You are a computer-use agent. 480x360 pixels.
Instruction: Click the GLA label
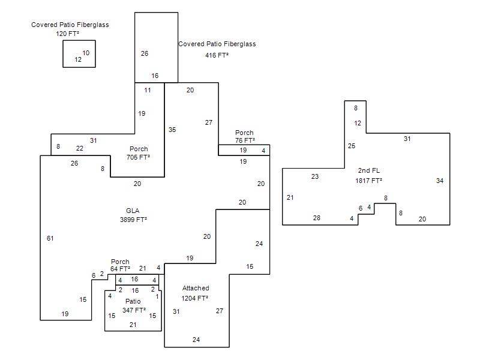point(133,211)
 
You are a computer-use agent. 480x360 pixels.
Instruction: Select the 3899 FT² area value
point(133,220)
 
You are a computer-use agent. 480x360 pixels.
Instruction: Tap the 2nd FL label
point(369,170)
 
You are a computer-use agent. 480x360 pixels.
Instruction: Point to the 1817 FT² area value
point(368,181)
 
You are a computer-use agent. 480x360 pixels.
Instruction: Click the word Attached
point(196,288)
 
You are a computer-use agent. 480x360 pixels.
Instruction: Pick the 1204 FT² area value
point(194,298)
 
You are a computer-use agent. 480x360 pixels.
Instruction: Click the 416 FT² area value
point(217,55)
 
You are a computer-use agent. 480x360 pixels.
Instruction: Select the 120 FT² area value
point(67,34)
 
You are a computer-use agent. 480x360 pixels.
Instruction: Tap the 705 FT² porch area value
point(138,157)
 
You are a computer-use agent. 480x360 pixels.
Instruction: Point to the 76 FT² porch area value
point(245,140)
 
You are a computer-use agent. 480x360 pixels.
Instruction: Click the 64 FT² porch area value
point(120,269)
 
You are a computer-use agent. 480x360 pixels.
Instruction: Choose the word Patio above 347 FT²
point(133,301)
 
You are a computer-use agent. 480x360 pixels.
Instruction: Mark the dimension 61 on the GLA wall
point(50,238)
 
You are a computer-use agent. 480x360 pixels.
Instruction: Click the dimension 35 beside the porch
point(172,130)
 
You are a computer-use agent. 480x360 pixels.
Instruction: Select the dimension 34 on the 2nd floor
point(440,181)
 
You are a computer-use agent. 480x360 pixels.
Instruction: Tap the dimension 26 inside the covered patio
point(145,53)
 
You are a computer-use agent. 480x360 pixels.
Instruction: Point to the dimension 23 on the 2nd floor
point(315,176)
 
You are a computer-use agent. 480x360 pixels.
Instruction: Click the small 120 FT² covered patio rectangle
point(79,41)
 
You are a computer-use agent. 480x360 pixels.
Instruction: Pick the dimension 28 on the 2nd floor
point(317,218)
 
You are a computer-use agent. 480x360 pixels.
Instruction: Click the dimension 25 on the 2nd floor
point(352,146)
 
